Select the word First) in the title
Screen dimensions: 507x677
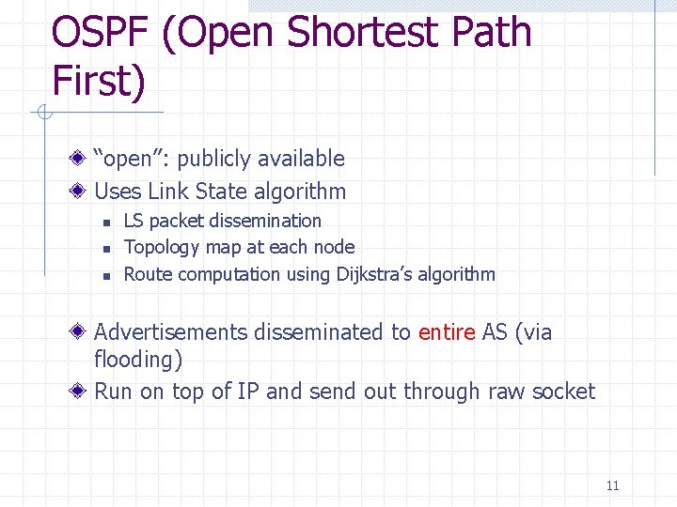coord(99,81)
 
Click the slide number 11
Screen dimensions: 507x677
coord(612,485)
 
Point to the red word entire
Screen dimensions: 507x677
coord(447,331)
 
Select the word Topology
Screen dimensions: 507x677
coord(160,248)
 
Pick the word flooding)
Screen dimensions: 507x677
coord(138,360)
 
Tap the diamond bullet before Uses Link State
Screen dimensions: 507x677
coord(83,192)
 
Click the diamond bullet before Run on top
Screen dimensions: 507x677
coord(83,392)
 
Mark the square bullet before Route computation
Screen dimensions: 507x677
coord(107,275)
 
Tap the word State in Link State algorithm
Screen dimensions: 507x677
coord(221,192)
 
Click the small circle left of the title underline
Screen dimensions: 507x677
coord(43,114)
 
